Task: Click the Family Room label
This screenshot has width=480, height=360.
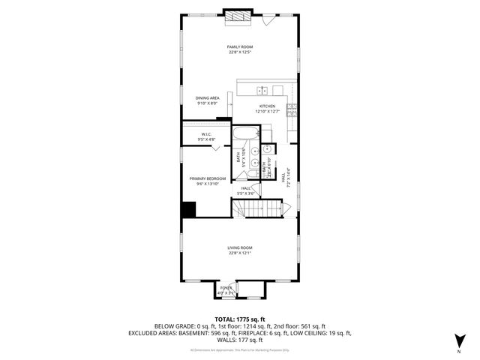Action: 240,49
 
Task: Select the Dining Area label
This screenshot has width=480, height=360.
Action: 208,100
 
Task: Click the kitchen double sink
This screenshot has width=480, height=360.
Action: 262,91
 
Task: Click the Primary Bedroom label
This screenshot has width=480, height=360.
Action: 206,180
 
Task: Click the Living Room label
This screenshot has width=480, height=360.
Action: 240,250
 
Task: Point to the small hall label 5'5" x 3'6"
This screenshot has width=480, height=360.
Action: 247,191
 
